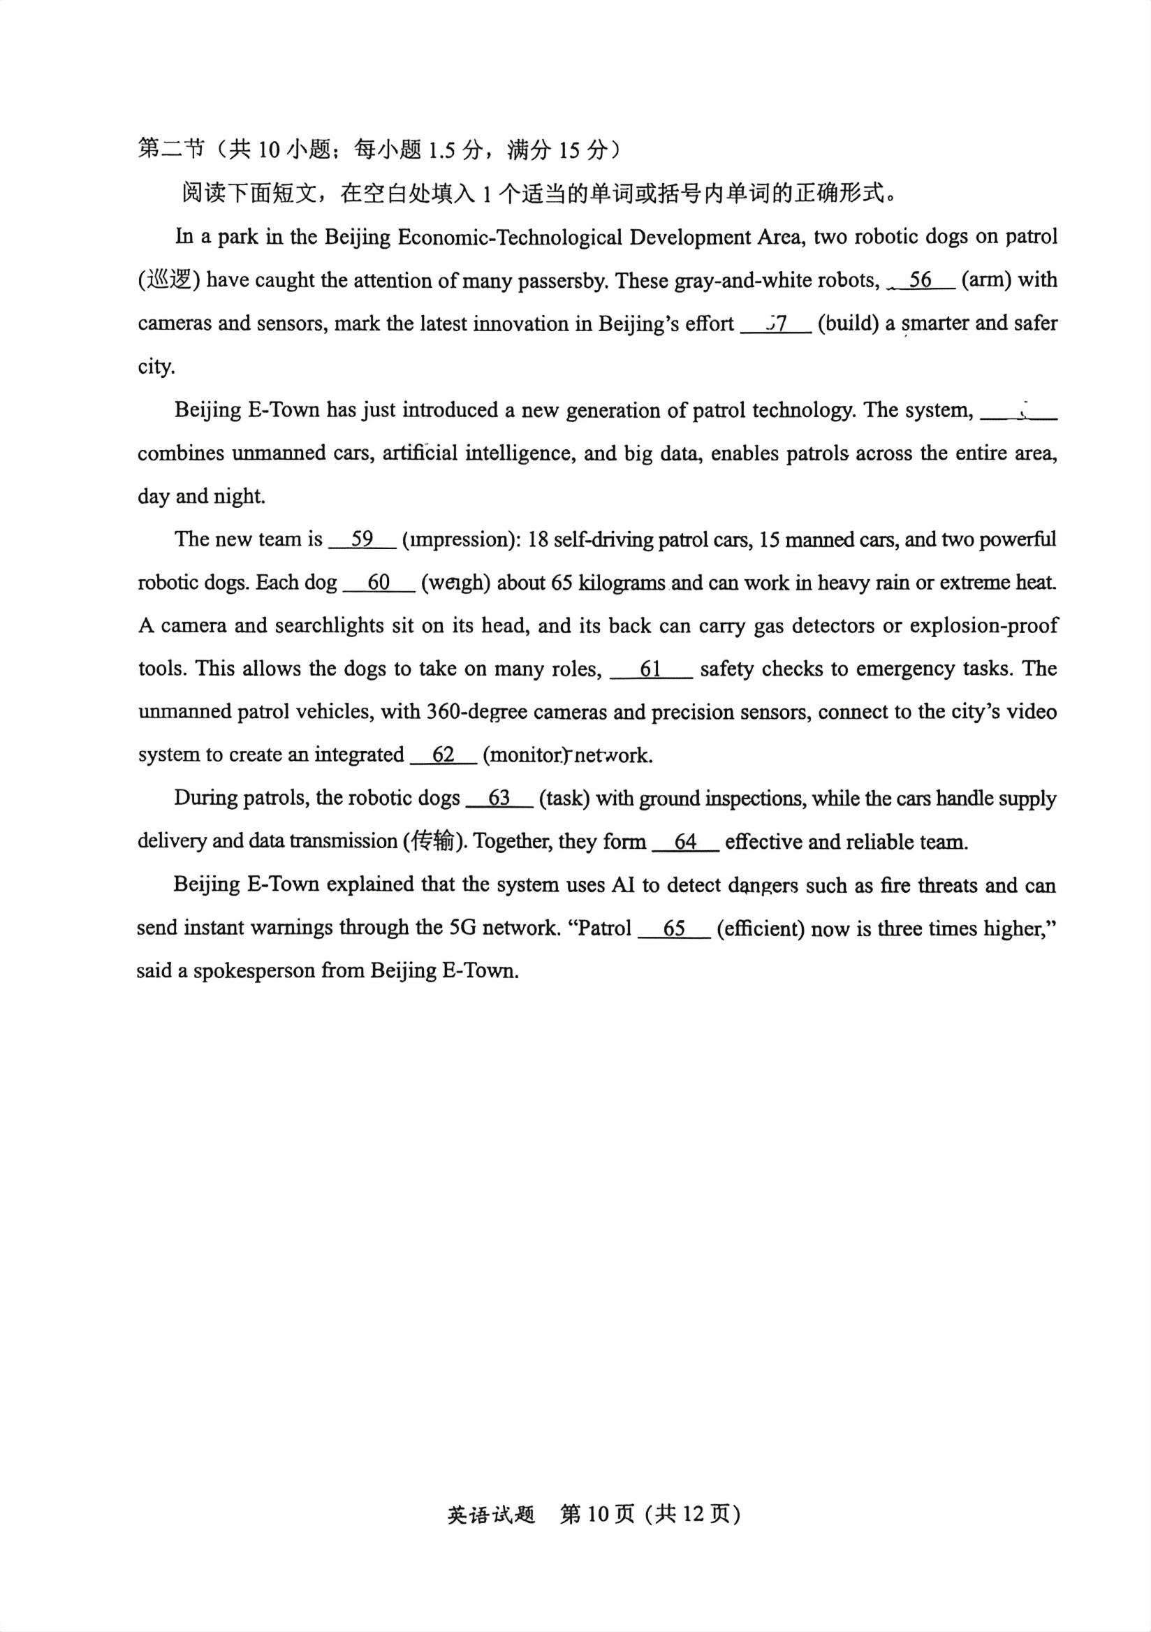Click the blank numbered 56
tap(920, 280)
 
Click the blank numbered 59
tap(362, 539)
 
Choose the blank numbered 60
tap(379, 583)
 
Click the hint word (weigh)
tap(455, 583)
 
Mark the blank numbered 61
tap(651, 669)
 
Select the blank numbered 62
tap(443, 755)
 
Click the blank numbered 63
tap(499, 799)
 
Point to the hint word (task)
tap(564, 799)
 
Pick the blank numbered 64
tap(686, 843)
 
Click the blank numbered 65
tap(674, 929)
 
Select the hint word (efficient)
tap(760, 929)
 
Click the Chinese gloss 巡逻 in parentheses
tap(169, 280)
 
